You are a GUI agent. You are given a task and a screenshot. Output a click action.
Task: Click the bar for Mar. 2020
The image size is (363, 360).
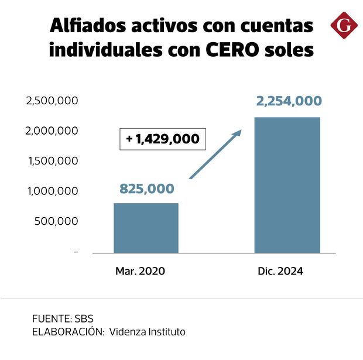(146, 228)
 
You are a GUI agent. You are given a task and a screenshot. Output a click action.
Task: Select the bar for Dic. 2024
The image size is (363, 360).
(287, 185)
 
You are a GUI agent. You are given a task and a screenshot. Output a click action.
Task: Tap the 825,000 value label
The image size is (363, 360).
(146, 188)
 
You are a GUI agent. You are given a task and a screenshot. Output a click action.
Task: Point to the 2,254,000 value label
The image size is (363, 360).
(289, 101)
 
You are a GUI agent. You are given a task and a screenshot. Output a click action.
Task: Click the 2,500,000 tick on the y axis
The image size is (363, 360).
(52, 101)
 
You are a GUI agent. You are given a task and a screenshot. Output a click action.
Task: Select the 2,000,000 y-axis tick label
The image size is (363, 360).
(52, 131)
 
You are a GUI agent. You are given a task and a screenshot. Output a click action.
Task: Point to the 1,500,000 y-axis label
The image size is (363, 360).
(52, 161)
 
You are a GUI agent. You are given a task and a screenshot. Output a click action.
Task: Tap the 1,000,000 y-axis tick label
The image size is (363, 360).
(52, 191)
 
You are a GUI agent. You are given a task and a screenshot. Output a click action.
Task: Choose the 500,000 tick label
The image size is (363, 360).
(56, 221)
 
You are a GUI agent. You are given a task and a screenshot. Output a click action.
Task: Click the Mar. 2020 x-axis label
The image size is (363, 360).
(141, 271)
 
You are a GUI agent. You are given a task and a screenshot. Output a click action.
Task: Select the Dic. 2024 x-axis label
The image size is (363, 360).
(281, 271)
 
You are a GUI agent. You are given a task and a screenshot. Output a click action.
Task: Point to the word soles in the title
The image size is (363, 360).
(293, 50)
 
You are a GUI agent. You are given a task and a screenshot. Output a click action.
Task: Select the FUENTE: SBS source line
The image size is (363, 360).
(63, 319)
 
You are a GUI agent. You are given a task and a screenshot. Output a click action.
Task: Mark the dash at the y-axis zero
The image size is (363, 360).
(76, 252)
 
